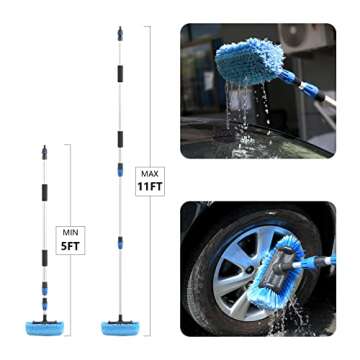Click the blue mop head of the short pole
tap(46, 325)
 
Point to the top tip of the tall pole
tap(118, 29)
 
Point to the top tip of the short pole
tap(45, 148)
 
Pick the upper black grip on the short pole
tap(45, 193)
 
